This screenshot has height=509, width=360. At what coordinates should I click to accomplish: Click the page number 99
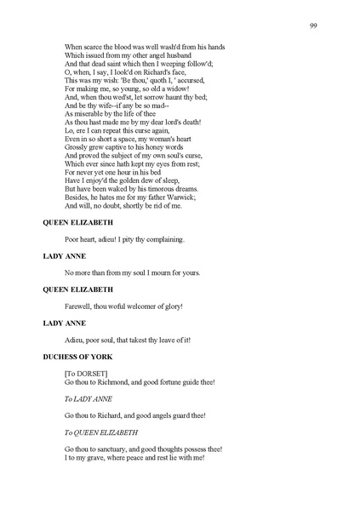313,26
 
